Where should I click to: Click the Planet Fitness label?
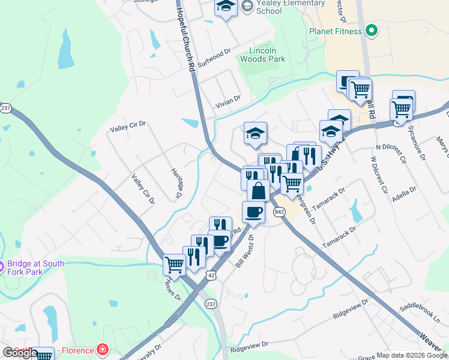(335, 31)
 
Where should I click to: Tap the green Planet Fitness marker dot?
(372, 31)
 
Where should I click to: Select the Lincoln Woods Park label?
(262, 55)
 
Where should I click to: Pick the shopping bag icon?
(258, 191)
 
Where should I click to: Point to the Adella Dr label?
(404, 193)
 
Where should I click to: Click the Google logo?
(20, 353)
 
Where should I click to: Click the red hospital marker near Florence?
(103, 349)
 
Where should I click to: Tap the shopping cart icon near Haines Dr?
(174, 263)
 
